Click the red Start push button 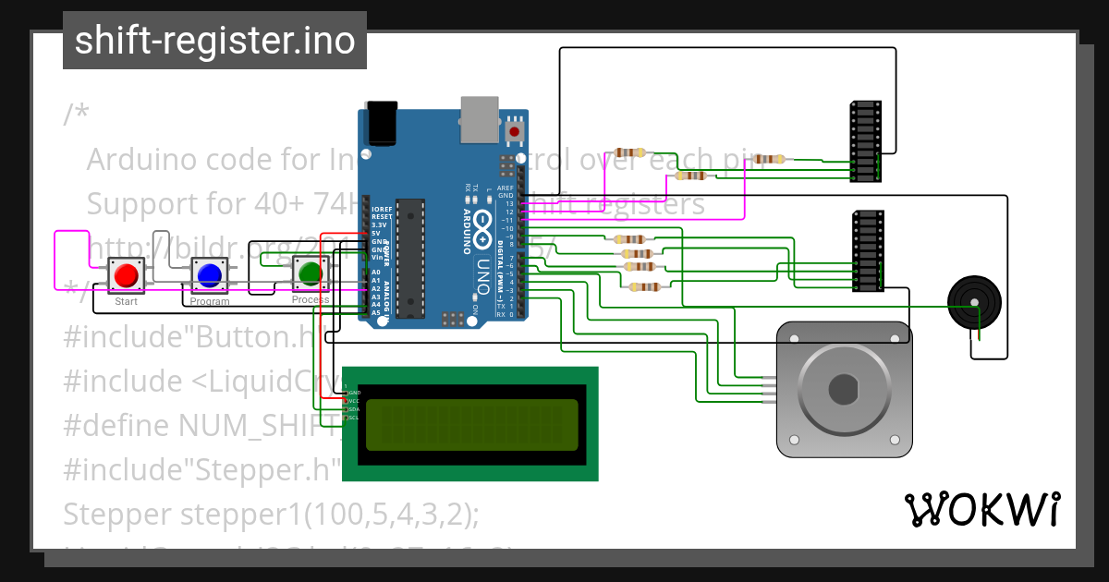pyautogui.click(x=127, y=274)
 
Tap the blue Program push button pyautogui.click(x=209, y=274)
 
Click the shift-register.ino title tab pyautogui.click(x=214, y=41)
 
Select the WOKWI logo pyautogui.click(x=981, y=510)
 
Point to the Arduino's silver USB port pyautogui.click(x=479, y=119)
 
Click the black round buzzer pyautogui.click(x=974, y=303)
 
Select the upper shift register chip pyautogui.click(x=864, y=141)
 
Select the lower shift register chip pyautogui.click(x=866, y=251)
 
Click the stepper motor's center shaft pyautogui.click(x=843, y=389)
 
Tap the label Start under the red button pyautogui.click(x=127, y=302)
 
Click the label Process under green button pyautogui.click(x=311, y=300)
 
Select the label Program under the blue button pyautogui.click(x=210, y=302)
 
